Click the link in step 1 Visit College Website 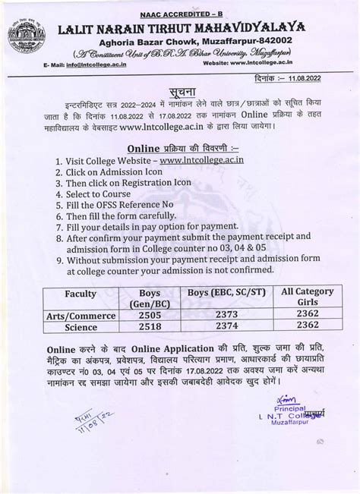point(243,162)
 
